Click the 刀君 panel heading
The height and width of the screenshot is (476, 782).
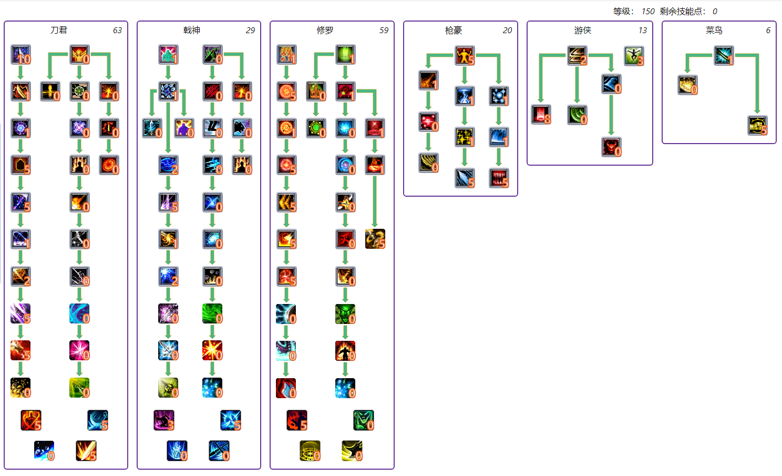(59, 30)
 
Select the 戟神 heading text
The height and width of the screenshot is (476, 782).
(192, 30)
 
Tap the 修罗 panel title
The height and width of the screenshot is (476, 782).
(325, 30)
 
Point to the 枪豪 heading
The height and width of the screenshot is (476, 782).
(454, 30)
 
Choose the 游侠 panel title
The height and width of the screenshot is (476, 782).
(583, 30)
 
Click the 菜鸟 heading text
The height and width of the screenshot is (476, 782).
(714, 30)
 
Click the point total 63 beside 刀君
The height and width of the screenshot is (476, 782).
(117, 31)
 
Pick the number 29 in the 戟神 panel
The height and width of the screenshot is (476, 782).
(250, 31)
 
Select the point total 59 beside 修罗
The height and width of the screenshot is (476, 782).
(384, 31)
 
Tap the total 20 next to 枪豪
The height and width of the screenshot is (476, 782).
(507, 31)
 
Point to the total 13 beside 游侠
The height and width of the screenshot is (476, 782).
(642, 31)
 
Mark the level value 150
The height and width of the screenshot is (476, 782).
(648, 11)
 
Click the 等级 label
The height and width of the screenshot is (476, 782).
(624, 11)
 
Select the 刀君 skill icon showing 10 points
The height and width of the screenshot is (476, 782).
(21, 55)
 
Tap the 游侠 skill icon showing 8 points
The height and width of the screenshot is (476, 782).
(541, 114)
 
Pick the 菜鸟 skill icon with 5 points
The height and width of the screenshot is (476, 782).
(758, 126)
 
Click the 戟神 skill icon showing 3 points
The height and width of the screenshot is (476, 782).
(164, 420)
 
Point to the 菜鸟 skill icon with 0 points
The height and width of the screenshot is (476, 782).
(688, 85)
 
